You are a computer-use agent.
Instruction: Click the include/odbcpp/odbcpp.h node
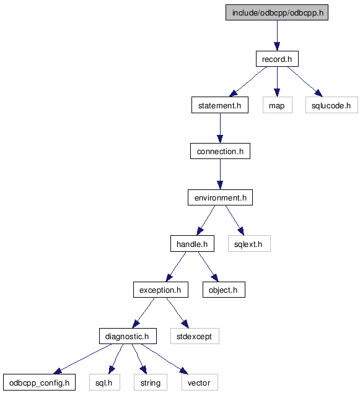click(277, 12)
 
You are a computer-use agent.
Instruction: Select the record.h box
click(277, 59)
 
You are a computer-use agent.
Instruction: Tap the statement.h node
click(220, 105)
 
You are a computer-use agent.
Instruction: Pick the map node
click(277, 105)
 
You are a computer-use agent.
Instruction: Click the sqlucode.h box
click(331, 105)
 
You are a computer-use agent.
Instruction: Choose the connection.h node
click(220, 151)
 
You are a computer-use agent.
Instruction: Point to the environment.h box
click(220, 197)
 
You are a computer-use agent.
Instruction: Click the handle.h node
click(192, 244)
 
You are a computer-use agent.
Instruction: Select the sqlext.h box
click(249, 244)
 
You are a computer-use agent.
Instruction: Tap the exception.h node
click(160, 290)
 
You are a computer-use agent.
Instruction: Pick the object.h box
click(224, 290)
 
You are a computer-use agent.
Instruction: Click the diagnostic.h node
click(128, 336)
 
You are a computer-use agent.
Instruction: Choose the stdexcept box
click(195, 336)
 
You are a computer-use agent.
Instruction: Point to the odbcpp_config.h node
click(39, 382)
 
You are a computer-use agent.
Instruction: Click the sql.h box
click(105, 382)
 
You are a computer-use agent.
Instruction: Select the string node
click(151, 382)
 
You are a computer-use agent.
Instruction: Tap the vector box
click(200, 382)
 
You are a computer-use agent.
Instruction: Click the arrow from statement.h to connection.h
click(220, 128)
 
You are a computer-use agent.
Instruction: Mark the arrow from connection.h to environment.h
click(220, 174)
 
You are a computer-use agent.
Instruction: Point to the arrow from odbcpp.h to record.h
click(277, 36)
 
